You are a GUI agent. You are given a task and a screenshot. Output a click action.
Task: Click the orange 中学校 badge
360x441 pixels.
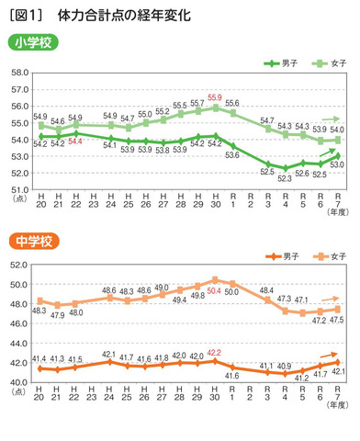point(33,242)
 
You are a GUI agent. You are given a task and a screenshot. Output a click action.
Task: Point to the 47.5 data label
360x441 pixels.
point(337,320)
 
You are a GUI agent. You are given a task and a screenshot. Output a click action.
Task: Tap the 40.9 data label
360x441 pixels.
point(286,366)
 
